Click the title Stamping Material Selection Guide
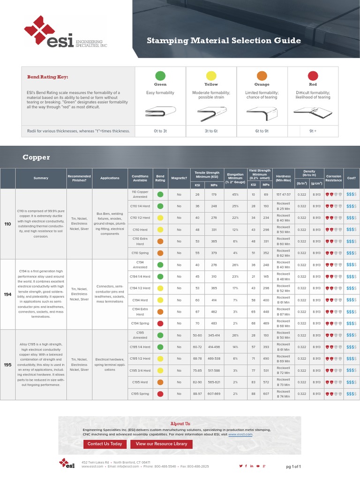click(x=224, y=41)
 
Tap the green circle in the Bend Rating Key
click(x=160, y=75)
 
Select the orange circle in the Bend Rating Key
click(x=262, y=75)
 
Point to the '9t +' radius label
click(x=313, y=131)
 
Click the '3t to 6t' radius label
click(x=211, y=131)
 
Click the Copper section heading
click(x=36, y=157)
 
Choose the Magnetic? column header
click(x=179, y=178)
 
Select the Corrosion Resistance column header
click(x=334, y=178)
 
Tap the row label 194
click(x=7, y=294)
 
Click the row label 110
click(x=7, y=224)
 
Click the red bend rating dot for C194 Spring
click(x=160, y=323)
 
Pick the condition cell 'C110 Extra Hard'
click(x=140, y=241)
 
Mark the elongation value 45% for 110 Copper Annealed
click(x=235, y=194)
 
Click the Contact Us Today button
click(x=105, y=444)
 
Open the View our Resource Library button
click(x=161, y=444)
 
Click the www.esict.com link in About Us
click(x=240, y=435)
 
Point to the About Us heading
click(x=180, y=423)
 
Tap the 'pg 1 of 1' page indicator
click(x=293, y=467)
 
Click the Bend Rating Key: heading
click(x=44, y=77)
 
